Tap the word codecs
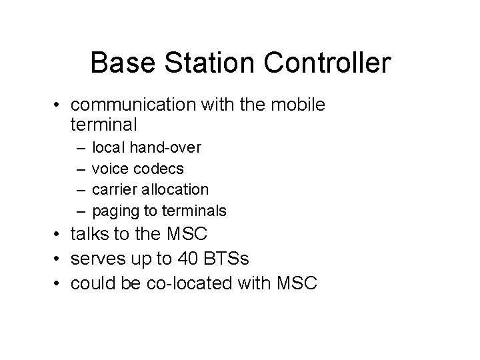pos(160,168)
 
